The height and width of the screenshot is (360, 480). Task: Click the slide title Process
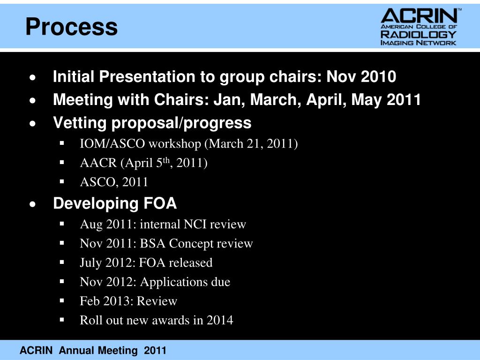point(71,27)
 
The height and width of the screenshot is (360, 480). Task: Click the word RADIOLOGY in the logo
point(418,34)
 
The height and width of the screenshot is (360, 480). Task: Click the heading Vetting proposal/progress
point(152,123)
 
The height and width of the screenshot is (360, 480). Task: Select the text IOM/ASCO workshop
point(141,143)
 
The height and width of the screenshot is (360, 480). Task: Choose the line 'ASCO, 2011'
point(114,182)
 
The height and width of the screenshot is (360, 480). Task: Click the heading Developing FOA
point(115,203)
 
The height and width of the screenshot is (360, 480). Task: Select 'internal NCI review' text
point(193,225)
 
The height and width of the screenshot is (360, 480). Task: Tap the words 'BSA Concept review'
point(196,244)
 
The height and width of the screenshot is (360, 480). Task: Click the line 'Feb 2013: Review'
point(128,301)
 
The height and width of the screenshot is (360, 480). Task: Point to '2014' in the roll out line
point(220,320)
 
